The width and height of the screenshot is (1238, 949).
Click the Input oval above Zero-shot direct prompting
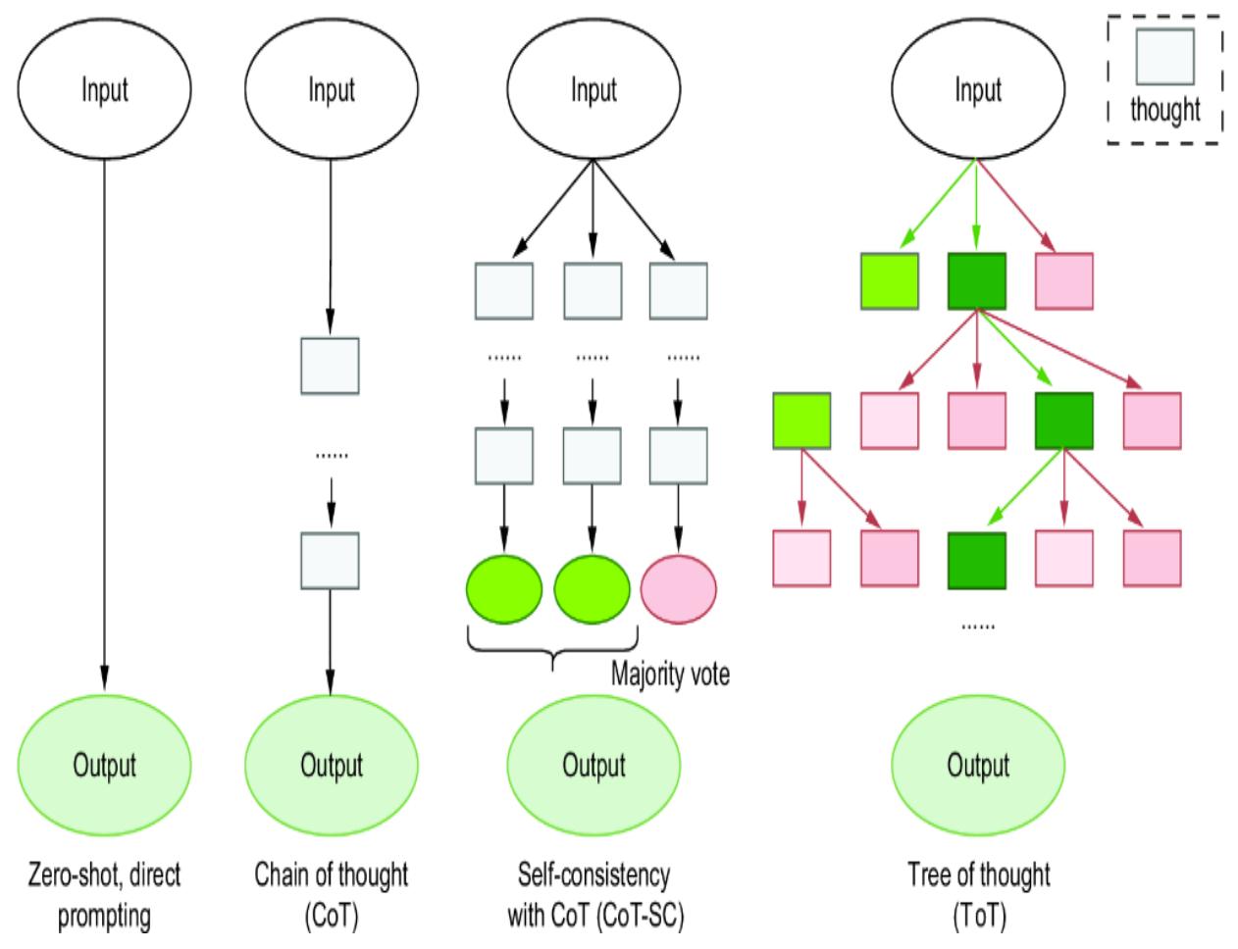click(x=104, y=90)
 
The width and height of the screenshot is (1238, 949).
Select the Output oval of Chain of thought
click(x=332, y=766)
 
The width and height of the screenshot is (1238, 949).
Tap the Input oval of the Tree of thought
click(x=977, y=90)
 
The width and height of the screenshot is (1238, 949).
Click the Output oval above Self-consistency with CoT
click(x=593, y=766)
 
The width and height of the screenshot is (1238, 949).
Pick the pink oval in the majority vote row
click(x=678, y=589)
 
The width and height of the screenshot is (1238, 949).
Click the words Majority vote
click(x=670, y=674)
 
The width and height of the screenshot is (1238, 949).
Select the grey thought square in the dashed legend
click(x=1164, y=57)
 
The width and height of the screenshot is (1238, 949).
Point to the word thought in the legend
click(x=1164, y=109)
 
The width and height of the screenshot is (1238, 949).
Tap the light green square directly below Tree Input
click(x=889, y=281)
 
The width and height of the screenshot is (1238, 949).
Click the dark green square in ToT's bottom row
click(x=977, y=560)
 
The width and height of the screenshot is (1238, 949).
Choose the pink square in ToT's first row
click(x=1064, y=281)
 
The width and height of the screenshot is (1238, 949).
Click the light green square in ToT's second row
click(x=801, y=421)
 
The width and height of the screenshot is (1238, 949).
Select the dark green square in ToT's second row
click(x=1064, y=421)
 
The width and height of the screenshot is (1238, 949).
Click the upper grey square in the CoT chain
click(x=330, y=365)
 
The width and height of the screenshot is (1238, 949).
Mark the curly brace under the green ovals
click(x=552, y=649)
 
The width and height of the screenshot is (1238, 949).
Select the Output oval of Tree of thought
click(x=977, y=766)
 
